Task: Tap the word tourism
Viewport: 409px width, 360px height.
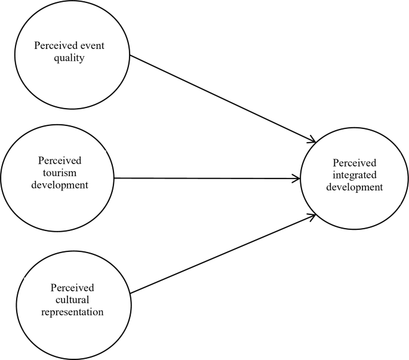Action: [x=60, y=173]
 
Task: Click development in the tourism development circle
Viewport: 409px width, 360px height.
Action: [x=60, y=184]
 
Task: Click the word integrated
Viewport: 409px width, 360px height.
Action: [x=357, y=174]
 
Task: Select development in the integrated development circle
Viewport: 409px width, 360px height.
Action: [x=357, y=186]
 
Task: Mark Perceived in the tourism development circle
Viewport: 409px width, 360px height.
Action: [x=60, y=161]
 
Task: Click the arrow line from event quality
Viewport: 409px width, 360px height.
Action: [x=221, y=99]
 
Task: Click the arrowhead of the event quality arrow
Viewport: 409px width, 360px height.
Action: [x=312, y=141]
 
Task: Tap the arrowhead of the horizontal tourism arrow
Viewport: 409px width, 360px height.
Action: [x=297, y=178]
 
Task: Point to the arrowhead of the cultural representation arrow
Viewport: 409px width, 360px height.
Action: [x=312, y=216]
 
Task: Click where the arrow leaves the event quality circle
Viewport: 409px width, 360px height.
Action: [x=131, y=56]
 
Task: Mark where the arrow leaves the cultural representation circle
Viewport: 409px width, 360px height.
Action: [x=131, y=293]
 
